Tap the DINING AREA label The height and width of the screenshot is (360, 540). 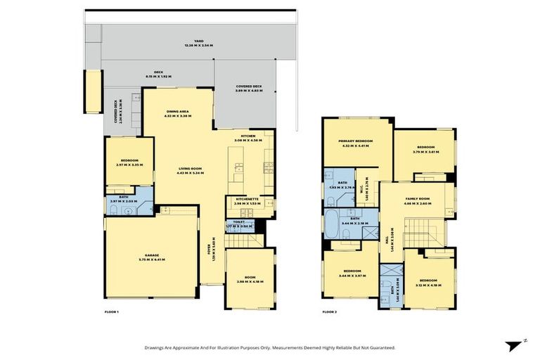click(x=176, y=111)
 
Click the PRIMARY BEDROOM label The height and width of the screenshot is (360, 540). click(x=355, y=141)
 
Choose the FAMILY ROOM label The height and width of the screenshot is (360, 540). click(x=418, y=199)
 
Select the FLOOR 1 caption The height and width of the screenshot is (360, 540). click(x=111, y=311)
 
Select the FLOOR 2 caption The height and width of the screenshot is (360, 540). click(x=330, y=311)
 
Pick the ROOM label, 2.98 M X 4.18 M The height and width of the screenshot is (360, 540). click(x=249, y=278)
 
